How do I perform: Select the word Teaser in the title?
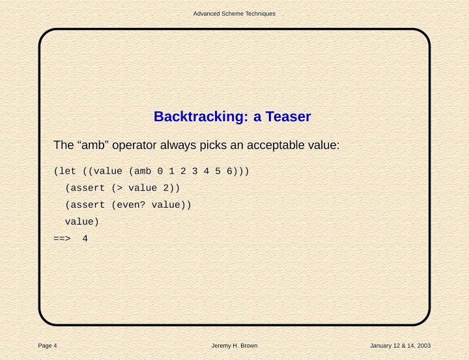coord(288,117)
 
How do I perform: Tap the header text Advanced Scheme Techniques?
coord(234,14)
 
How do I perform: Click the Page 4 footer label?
coord(48,346)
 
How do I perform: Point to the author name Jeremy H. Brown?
coord(234,346)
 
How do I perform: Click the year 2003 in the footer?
coord(424,346)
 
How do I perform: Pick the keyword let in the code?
coord(67,171)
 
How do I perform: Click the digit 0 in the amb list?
coord(160,171)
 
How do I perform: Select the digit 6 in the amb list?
coord(229,171)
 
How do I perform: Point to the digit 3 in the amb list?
coord(195,171)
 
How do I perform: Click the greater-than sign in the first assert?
coord(120,188)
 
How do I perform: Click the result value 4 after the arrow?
coord(85,239)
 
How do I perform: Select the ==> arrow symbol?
coord(62,239)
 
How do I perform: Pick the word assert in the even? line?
coord(88,205)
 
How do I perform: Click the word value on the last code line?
coord(79,221)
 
